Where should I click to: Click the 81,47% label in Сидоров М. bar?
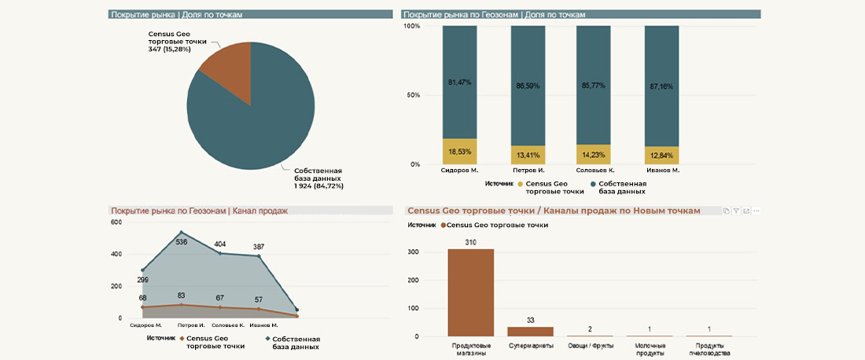459,83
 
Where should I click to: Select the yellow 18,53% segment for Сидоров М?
459,151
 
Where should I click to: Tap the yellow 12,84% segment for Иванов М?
661,155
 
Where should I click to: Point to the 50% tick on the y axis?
412,95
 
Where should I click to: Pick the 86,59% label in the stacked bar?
528,85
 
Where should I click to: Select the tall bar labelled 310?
470,292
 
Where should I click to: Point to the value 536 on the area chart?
182,242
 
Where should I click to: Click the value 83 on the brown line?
182,296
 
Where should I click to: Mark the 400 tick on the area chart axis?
116,254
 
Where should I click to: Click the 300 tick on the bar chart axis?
414,252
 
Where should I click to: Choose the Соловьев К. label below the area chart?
228,325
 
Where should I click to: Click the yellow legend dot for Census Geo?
518,184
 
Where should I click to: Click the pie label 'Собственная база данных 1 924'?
318,178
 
